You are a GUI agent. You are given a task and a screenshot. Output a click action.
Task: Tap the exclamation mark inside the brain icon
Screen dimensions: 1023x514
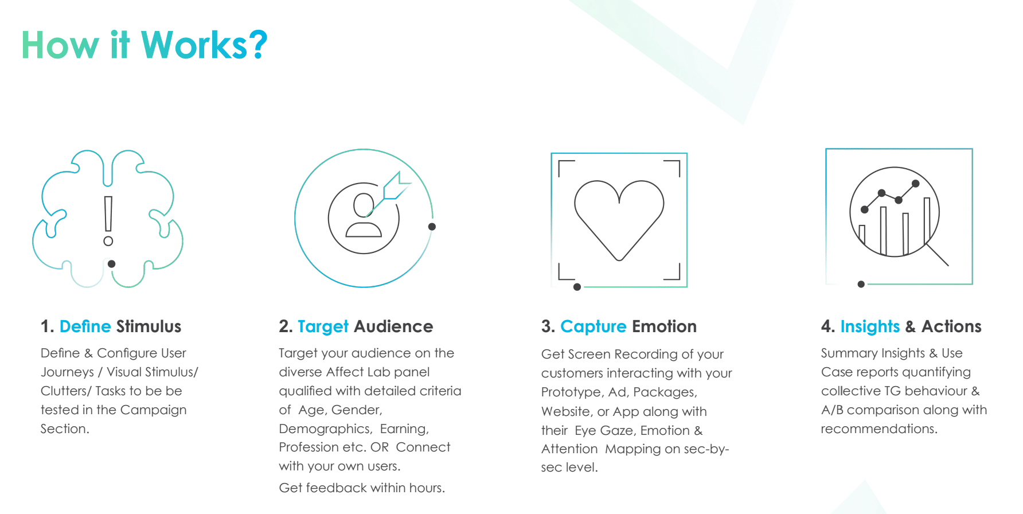[x=108, y=221]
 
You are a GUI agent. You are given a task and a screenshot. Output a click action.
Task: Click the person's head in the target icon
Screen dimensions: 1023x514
[x=364, y=205]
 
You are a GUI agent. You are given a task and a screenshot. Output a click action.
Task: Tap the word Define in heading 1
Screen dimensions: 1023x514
[x=85, y=326]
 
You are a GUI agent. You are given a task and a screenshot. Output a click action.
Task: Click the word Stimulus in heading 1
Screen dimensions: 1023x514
[x=149, y=326]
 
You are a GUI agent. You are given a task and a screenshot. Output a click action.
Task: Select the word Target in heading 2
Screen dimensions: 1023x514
[x=323, y=327]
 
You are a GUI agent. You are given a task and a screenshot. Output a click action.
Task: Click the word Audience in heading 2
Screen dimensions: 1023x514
[x=393, y=326]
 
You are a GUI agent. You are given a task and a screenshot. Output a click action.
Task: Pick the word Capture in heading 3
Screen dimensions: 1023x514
[x=594, y=327]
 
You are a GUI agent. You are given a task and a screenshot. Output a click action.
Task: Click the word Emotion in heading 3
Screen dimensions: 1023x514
[x=665, y=326]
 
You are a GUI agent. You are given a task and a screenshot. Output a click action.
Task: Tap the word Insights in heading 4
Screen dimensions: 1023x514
[x=870, y=327]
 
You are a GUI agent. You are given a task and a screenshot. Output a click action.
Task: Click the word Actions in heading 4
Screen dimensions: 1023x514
[x=951, y=326]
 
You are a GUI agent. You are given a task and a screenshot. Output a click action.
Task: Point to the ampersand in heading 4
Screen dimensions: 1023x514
[x=910, y=327]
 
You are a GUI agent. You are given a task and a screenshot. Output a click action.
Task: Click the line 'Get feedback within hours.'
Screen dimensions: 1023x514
[x=362, y=488]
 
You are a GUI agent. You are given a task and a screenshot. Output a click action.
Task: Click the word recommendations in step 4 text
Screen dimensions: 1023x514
[x=879, y=429]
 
